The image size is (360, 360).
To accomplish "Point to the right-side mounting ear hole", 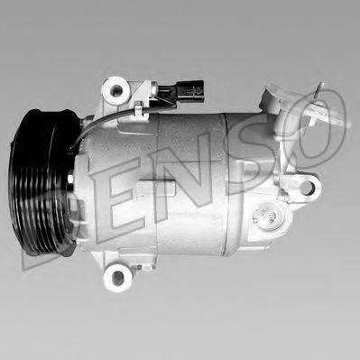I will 307,189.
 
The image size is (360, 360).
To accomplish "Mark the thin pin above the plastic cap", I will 319,89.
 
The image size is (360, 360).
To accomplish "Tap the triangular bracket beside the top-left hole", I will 135,90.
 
